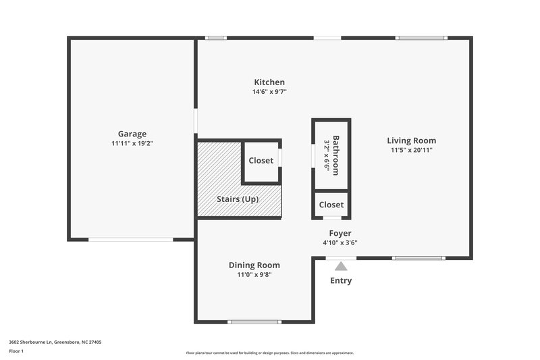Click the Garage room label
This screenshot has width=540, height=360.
click(x=132, y=134)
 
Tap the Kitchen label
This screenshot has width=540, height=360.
click(x=269, y=82)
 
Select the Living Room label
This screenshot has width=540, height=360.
click(x=411, y=140)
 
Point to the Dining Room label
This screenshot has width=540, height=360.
click(x=254, y=265)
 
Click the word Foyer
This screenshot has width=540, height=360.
click(x=340, y=233)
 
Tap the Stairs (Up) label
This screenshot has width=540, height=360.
click(x=237, y=199)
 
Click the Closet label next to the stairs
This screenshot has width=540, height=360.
click(x=261, y=161)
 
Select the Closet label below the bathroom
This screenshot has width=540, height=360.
click(x=331, y=205)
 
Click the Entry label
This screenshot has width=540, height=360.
click(x=341, y=280)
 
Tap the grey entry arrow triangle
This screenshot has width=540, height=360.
click(x=341, y=266)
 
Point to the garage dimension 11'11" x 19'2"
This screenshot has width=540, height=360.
click(x=132, y=144)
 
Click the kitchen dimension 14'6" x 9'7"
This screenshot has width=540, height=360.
click(x=269, y=93)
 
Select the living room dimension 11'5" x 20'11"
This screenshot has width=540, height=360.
click(x=411, y=150)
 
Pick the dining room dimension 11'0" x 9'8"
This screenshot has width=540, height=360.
click(x=254, y=275)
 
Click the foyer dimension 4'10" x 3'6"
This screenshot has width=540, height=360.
click(x=340, y=242)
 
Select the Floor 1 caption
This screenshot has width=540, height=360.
click(x=16, y=352)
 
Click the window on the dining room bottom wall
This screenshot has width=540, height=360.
click(x=254, y=322)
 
